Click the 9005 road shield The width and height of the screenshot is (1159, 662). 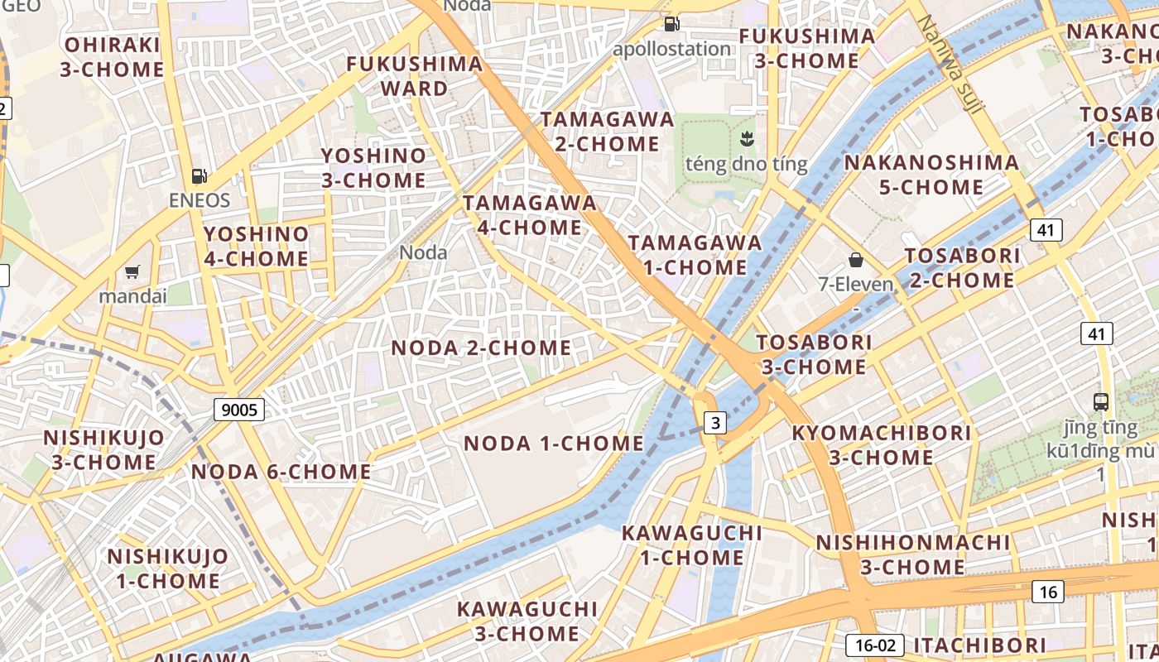(239, 409)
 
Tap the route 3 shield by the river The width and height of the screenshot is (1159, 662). (715, 423)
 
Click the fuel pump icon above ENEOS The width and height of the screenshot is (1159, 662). (199, 175)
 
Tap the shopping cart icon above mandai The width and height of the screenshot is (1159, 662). (132, 271)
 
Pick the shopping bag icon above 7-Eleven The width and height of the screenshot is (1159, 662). (856, 260)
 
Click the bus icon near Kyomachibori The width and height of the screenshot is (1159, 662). (1101, 402)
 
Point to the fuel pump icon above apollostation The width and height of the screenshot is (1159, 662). (672, 24)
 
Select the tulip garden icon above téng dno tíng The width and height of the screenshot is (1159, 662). (746, 137)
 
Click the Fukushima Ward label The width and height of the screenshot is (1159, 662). (415, 76)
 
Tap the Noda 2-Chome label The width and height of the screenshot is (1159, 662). (481, 348)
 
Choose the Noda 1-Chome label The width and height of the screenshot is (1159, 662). (553, 444)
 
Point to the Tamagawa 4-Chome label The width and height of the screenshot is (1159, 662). (530, 215)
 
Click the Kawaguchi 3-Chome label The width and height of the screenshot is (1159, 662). (527, 621)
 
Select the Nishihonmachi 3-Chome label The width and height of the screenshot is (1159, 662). (913, 555)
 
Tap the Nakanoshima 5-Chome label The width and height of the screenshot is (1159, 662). (931, 175)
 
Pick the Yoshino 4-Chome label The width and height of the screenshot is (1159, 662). (257, 247)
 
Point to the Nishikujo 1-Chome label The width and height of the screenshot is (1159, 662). (168, 568)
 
